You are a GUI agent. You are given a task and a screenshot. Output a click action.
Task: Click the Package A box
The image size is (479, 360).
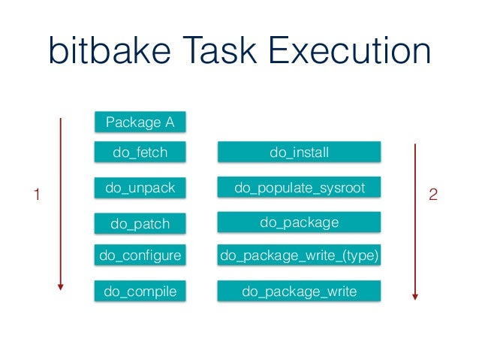pos(140,122)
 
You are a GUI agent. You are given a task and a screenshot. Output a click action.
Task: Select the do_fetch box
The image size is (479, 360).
pos(140,153)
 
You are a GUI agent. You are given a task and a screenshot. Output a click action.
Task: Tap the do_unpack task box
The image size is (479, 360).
pos(140,188)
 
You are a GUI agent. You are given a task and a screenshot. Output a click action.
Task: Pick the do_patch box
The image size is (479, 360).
pos(140,223)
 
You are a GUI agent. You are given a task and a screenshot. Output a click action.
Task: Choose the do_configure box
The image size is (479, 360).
pos(140,256)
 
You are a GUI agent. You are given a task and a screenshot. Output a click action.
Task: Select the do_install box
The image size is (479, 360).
pos(299,153)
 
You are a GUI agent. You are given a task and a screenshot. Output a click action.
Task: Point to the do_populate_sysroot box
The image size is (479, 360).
pos(299,188)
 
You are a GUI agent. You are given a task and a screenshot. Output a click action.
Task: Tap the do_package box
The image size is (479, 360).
pos(299,222)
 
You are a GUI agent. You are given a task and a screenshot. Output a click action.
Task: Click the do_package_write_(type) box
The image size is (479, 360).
pos(299,256)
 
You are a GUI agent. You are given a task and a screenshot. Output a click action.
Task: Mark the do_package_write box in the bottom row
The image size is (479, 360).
pos(299,291)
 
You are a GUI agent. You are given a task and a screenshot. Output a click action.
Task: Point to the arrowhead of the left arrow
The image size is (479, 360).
pos(61,287)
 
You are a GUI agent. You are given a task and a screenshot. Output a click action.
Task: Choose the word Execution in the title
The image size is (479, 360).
pos(351,53)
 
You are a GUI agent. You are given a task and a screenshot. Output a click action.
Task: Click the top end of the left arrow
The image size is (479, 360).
pos(61,119)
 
